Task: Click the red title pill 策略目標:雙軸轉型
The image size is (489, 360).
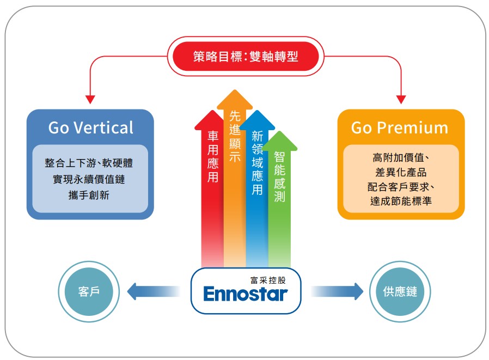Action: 245,56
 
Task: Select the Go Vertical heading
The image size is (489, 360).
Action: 90,127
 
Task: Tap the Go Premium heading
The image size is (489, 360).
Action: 400,127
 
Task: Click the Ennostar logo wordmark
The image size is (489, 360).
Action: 245,295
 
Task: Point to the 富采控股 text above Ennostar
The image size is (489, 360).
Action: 267,279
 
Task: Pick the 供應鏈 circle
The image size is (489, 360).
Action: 400,291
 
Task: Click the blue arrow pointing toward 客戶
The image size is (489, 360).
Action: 152,291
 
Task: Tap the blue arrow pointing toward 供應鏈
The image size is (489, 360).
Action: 338,291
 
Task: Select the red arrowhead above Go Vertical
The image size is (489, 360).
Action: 90,100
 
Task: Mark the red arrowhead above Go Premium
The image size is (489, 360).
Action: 401,100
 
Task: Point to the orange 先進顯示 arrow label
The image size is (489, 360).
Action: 235,136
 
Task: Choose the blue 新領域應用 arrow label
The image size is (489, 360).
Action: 257,163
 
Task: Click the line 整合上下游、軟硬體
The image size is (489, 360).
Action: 89,163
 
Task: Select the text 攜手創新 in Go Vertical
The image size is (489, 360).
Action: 89,194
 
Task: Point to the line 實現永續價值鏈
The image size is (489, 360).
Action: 89,179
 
